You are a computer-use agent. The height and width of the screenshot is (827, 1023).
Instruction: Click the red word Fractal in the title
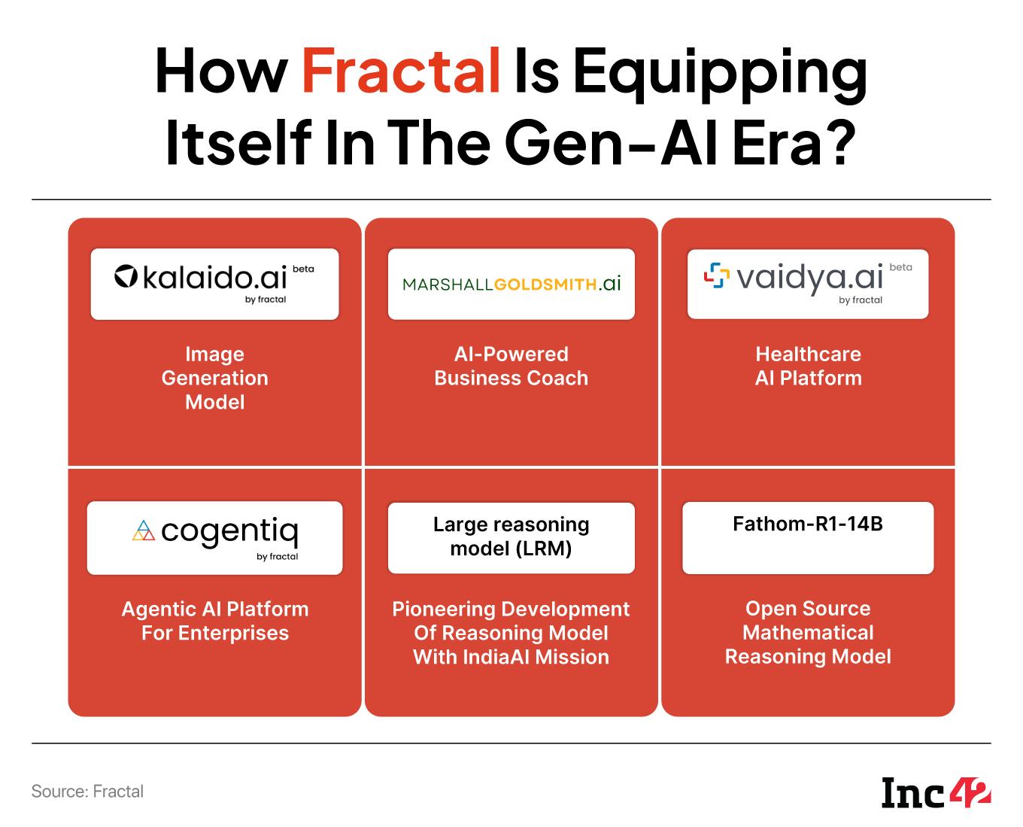click(400, 71)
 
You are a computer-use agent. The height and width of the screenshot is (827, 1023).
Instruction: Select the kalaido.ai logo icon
click(126, 278)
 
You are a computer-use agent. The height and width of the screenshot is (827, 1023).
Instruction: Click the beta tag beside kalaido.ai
click(302, 269)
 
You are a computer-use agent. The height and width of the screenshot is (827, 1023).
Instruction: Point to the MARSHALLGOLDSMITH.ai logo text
click(511, 284)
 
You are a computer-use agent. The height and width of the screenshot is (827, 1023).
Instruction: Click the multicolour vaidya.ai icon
click(716, 276)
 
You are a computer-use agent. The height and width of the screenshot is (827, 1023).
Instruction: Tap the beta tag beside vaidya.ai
click(900, 266)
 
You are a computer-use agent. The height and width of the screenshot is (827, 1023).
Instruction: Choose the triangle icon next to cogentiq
click(143, 531)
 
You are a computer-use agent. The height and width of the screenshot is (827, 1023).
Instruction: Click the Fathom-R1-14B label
click(807, 524)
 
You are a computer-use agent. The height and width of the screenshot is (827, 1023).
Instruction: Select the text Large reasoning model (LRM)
click(511, 537)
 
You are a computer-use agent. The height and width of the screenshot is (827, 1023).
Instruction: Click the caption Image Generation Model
click(214, 378)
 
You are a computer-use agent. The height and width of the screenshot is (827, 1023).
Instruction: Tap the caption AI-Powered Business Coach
click(511, 366)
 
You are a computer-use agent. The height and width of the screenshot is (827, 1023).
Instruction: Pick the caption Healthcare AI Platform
click(808, 366)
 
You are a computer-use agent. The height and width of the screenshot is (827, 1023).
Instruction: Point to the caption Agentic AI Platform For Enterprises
click(214, 621)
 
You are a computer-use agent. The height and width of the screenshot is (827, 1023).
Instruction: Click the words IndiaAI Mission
click(536, 657)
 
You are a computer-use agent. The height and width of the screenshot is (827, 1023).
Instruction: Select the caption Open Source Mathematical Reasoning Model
click(808, 632)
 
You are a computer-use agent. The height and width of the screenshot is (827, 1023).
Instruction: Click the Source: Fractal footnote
click(87, 791)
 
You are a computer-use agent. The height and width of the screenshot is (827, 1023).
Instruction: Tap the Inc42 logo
click(936, 792)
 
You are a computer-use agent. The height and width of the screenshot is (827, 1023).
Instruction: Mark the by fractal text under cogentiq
click(277, 557)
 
